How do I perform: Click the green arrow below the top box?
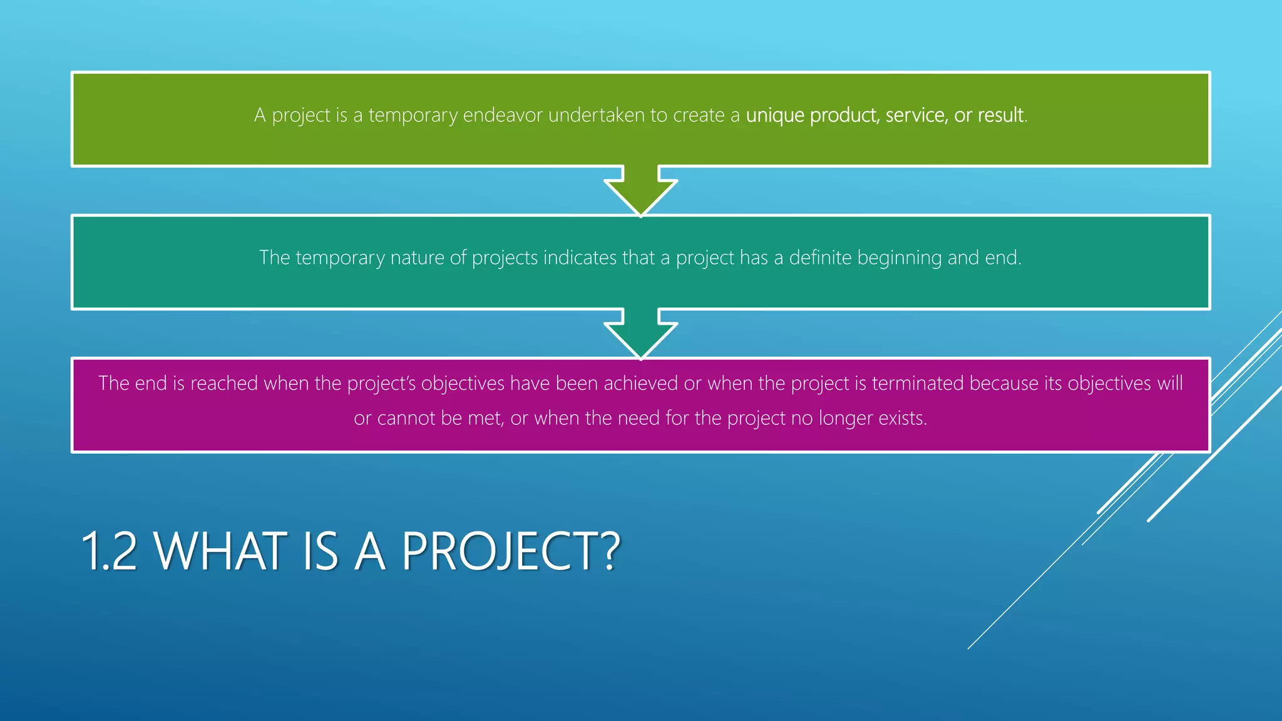[x=640, y=191]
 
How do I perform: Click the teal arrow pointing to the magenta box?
[x=640, y=334]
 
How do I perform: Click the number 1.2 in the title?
[x=109, y=551]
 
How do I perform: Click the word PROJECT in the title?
[x=498, y=551]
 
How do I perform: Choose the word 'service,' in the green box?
[x=916, y=115]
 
